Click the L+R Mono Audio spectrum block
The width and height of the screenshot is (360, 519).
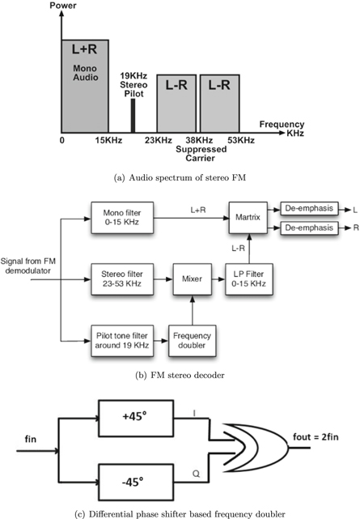tap(84, 85)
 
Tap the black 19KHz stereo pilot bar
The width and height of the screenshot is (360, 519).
tap(132, 117)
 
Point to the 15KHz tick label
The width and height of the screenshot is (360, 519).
tap(108, 141)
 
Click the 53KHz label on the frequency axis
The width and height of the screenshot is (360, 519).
tap(240, 141)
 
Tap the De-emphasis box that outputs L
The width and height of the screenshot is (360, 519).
tap(311, 210)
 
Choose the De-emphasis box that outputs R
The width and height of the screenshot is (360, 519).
tap(311, 228)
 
